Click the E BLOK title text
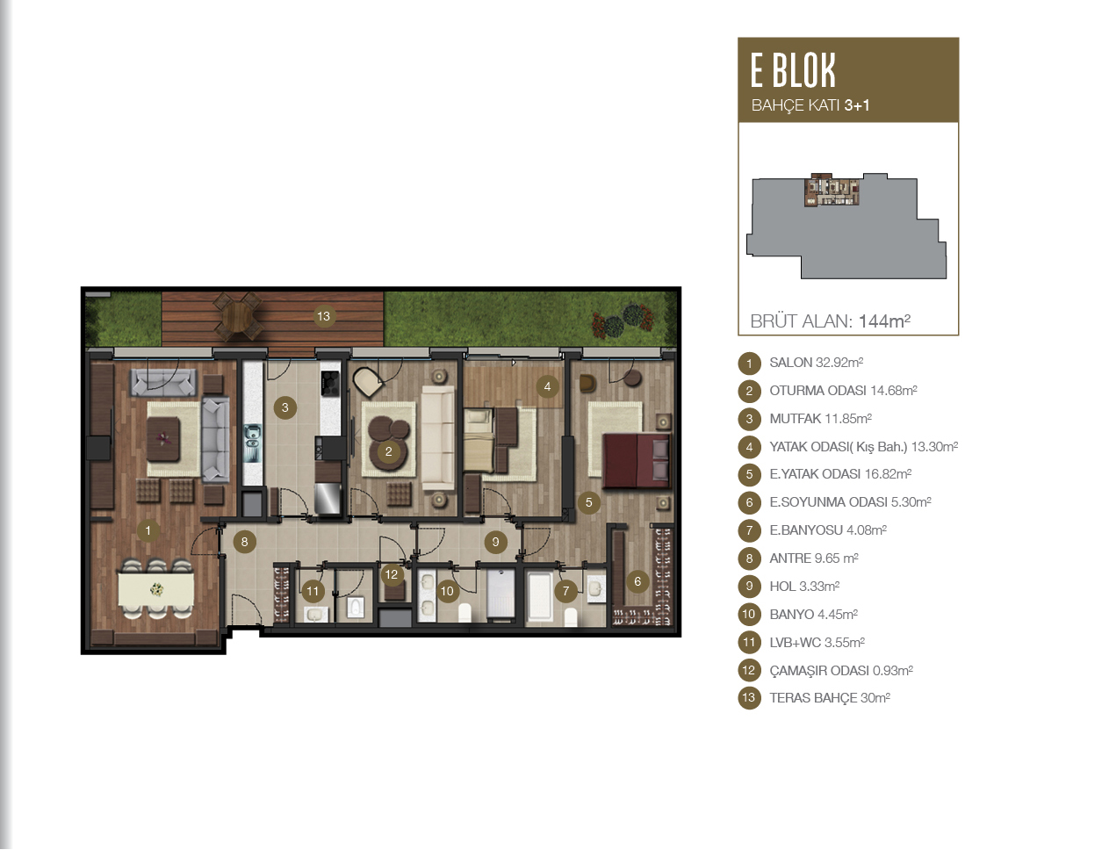pyautogui.click(x=793, y=70)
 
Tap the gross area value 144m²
pyautogui.click(x=884, y=321)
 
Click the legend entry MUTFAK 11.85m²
pyautogui.click(x=820, y=419)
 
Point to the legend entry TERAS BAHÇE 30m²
pyautogui.click(x=829, y=698)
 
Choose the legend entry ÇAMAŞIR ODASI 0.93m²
pyautogui.click(x=841, y=670)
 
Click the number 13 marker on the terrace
pyautogui.click(x=323, y=316)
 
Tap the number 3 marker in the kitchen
pyautogui.click(x=284, y=407)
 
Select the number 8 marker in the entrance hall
pyautogui.click(x=244, y=542)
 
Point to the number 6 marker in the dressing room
pyautogui.click(x=637, y=581)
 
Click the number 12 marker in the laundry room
pyautogui.click(x=392, y=574)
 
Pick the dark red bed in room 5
pyautogui.click(x=636, y=461)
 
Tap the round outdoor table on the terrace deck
pyautogui.click(x=238, y=316)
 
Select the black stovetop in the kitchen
pyautogui.click(x=330, y=383)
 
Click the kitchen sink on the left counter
pyautogui.click(x=252, y=443)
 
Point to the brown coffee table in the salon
pyautogui.click(x=163, y=439)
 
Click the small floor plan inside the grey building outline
pyautogui.click(x=832, y=190)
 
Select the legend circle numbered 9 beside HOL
pyautogui.click(x=749, y=587)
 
